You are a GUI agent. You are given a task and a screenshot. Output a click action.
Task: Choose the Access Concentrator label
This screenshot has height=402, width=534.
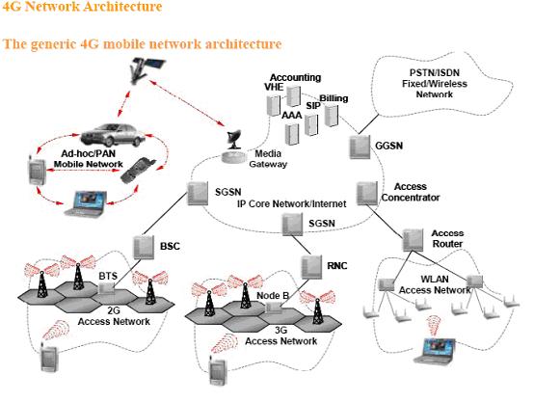pos(416,191)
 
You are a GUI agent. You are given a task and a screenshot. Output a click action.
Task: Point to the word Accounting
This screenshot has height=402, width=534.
pos(288,76)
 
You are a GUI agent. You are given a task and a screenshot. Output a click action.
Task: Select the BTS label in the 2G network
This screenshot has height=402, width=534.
pos(108,276)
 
